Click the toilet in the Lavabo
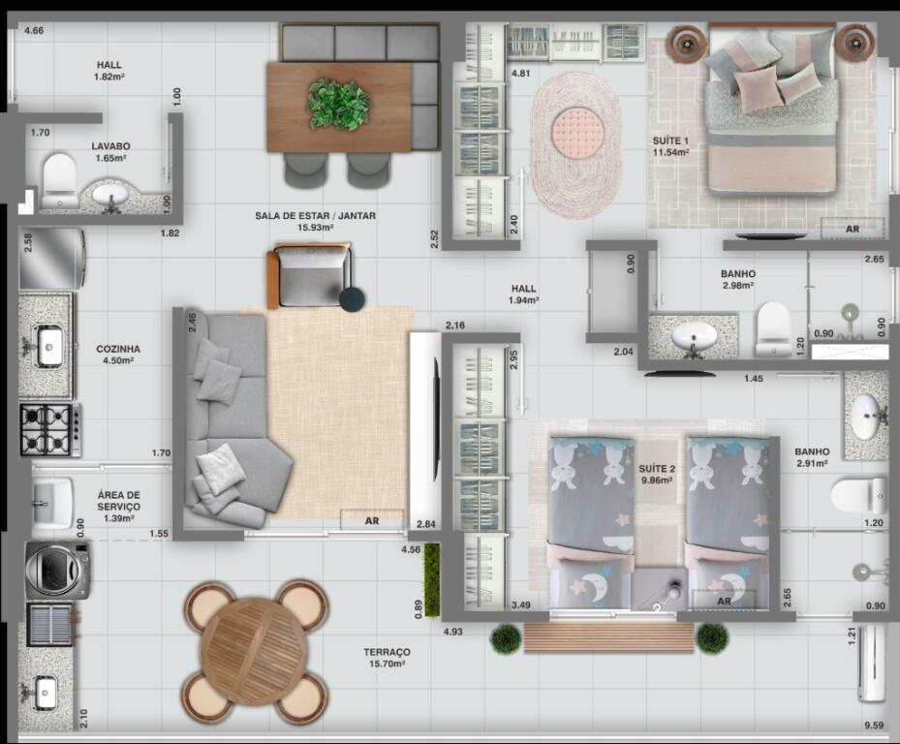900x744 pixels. pyautogui.click(x=59, y=180)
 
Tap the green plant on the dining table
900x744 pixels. pyautogui.click(x=339, y=104)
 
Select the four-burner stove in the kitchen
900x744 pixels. pyautogui.click(x=50, y=430)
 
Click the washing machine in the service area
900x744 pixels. pyautogui.click(x=57, y=570)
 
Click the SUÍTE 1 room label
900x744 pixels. pyautogui.click(x=670, y=140)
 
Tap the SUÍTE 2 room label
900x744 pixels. pyautogui.click(x=657, y=469)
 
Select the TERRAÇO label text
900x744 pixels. pyautogui.click(x=387, y=652)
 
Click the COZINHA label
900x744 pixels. pyautogui.click(x=118, y=349)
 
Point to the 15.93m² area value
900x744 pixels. pyautogui.click(x=316, y=228)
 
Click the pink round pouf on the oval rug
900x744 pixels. pyautogui.click(x=577, y=130)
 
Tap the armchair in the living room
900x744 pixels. pyautogui.click(x=310, y=276)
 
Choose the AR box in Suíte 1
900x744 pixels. pyautogui.click(x=853, y=229)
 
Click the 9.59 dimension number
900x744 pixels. pyautogui.click(x=874, y=725)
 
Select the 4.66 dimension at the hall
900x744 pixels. pyautogui.click(x=34, y=30)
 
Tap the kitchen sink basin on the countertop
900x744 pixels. pyautogui.click(x=50, y=346)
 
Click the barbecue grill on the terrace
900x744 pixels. pyautogui.click(x=50, y=625)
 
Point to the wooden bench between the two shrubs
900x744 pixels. pyautogui.click(x=609, y=637)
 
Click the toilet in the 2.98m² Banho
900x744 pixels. pyautogui.click(x=772, y=329)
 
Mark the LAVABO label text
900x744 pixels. pyautogui.click(x=110, y=146)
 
